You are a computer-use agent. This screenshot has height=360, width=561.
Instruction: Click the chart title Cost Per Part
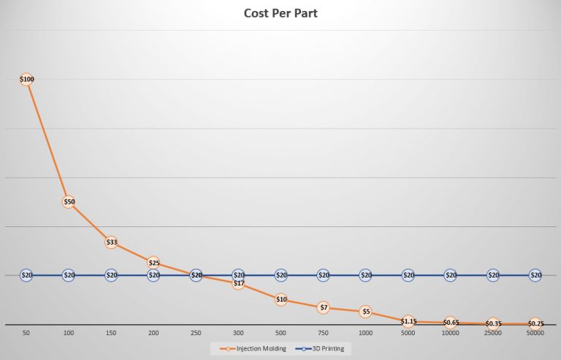[280, 13]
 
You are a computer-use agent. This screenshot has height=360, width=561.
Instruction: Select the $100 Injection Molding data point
[26, 79]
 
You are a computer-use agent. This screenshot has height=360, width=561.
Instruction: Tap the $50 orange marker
[69, 202]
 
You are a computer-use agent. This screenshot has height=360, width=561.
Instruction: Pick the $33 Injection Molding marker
[111, 242]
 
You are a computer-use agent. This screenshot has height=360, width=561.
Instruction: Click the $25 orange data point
[153, 263]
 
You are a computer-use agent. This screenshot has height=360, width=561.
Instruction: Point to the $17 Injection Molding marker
[238, 283]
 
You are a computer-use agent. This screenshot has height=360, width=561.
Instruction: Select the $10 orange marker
[280, 299]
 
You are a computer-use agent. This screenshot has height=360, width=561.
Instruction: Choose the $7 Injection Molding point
[323, 307]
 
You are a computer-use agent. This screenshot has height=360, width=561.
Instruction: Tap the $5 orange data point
[365, 312]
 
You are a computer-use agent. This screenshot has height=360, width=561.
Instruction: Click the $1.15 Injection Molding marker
[408, 321]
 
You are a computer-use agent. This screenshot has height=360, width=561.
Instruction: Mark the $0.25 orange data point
[535, 323]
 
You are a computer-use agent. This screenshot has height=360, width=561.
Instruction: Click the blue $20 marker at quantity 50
[26, 275]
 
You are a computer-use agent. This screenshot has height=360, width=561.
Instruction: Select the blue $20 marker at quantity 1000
[365, 275]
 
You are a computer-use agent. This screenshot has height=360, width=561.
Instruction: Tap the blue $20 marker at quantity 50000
[535, 275]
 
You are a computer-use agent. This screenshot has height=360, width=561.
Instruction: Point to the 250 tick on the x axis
[196, 333]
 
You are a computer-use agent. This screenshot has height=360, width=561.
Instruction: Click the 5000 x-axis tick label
[408, 333]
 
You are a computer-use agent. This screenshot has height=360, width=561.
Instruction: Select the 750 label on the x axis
[323, 333]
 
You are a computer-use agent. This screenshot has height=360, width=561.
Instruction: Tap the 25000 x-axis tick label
[493, 333]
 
